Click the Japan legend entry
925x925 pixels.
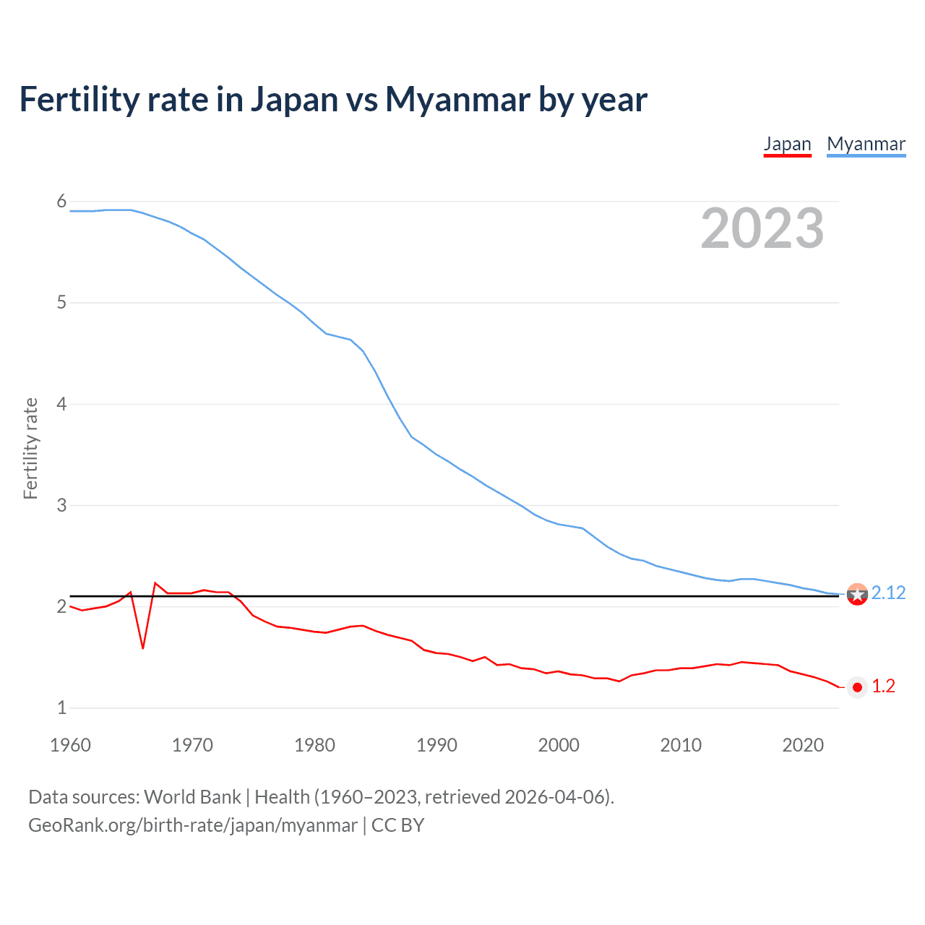tap(787, 144)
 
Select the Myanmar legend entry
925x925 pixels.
tap(866, 144)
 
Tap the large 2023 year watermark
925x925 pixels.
tap(762, 228)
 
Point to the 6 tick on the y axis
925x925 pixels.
tap(61, 202)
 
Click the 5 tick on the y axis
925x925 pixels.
tap(61, 303)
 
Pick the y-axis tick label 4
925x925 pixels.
tap(61, 404)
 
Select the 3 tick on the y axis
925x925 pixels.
tap(61, 505)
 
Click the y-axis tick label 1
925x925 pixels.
tap(61, 707)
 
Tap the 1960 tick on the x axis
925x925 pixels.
tap(70, 745)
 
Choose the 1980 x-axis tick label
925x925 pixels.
tap(314, 745)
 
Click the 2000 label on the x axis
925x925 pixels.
tap(559, 745)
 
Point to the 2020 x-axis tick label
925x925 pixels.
tap(803, 745)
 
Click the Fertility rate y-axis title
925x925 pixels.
tap(30, 448)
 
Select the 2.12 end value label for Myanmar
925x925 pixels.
tap(888, 593)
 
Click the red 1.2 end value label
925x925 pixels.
tap(883, 687)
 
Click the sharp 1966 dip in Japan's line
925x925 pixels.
tap(143, 647)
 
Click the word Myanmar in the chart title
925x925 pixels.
tap(457, 99)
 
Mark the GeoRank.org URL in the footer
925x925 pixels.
tap(192, 825)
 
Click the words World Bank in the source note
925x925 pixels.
tap(192, 797)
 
